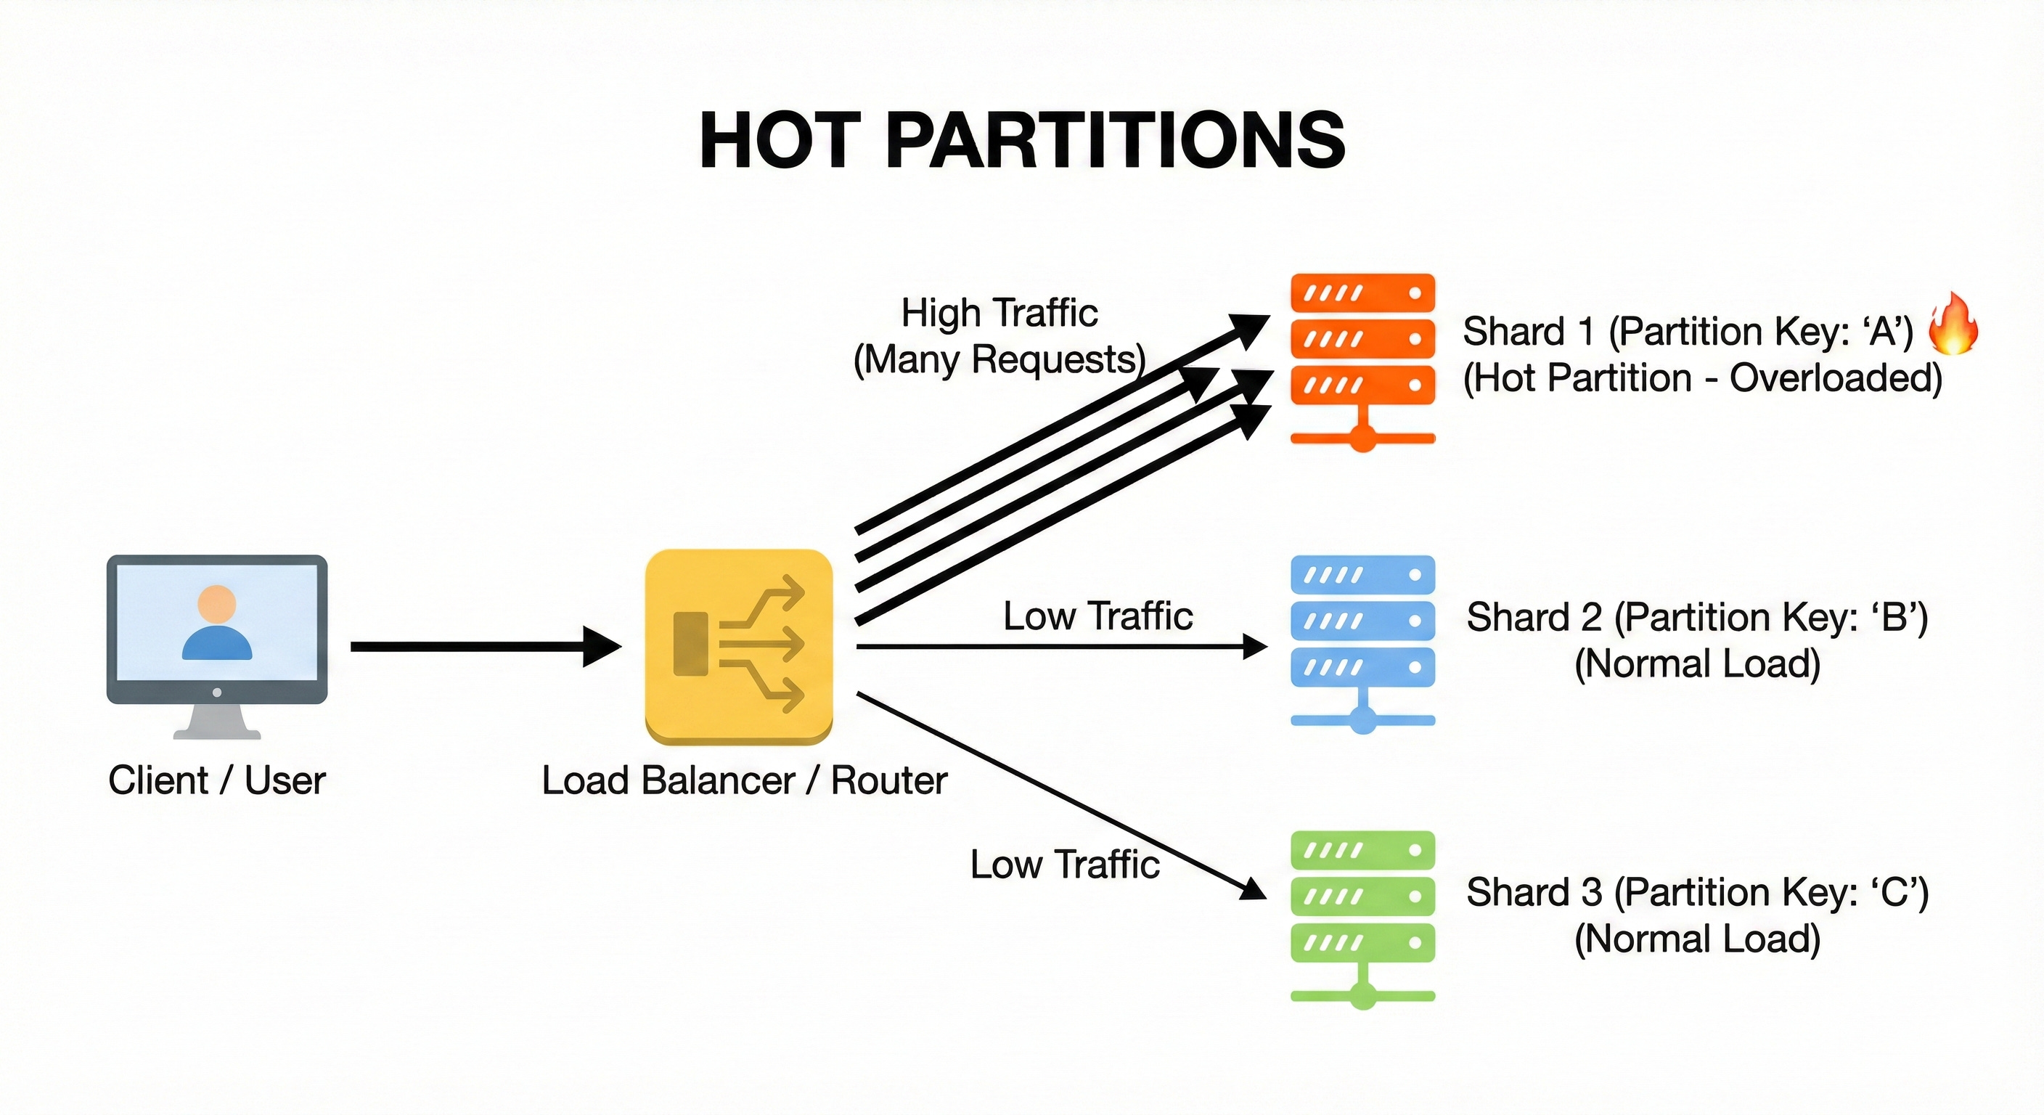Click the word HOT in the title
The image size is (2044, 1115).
(780, 141)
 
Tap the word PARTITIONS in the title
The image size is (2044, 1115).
(1114, 141)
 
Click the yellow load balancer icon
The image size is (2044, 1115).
(739, 646)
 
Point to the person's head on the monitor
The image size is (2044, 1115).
(216, 604)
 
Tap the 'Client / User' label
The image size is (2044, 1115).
(216, 780)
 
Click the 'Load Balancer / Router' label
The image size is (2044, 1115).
(744, 780)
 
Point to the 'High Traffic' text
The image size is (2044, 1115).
(999, 313)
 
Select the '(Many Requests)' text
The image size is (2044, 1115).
(999, 359)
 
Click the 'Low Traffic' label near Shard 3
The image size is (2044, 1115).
(1064, 865)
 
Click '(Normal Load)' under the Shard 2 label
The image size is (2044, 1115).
(1696, 663)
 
